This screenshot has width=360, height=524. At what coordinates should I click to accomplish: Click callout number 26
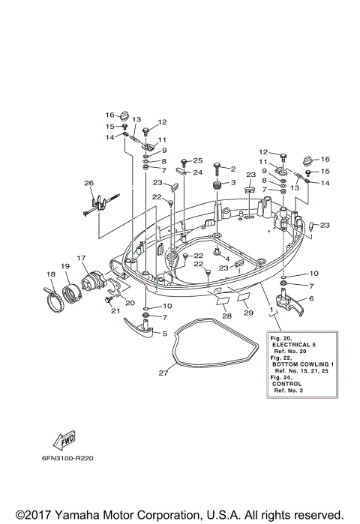click(88, 184)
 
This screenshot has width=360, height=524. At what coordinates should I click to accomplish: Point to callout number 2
click(233, 169)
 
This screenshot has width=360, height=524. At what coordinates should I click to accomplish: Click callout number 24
click(198, 172)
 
